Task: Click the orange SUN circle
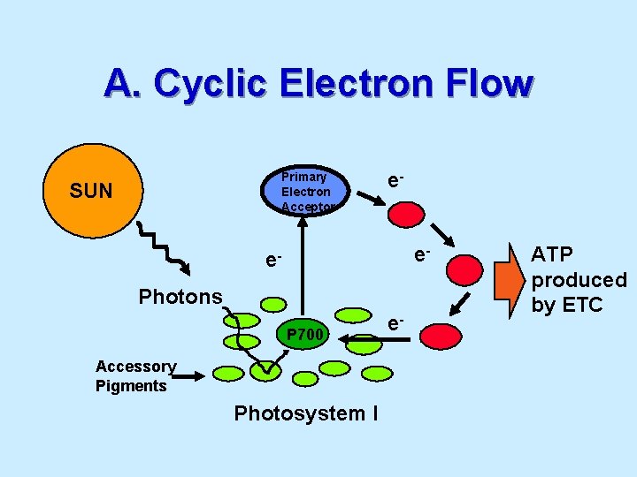pos(90,190)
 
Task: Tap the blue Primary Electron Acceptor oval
pos(305,191)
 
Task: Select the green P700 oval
pos(305,335)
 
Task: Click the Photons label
pos(180,297)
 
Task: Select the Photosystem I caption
pos(306,413)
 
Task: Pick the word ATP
pos(552,254)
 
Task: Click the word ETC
pos(581,306)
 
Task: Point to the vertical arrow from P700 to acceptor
pos(305,269)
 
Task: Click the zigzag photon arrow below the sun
pos(164,252)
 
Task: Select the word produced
pos(579,280)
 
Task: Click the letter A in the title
pos(117,84)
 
